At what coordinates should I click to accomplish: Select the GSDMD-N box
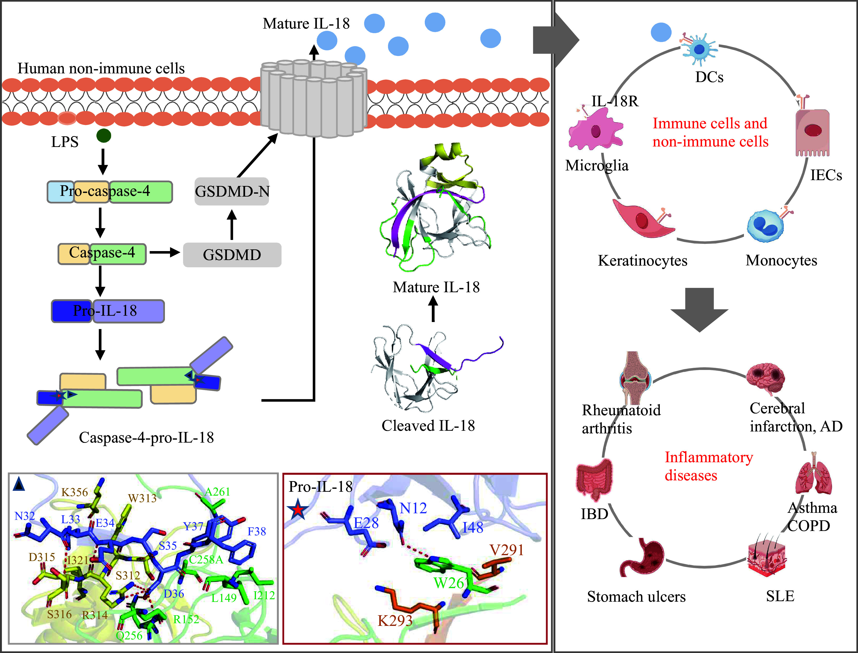[x=232, y=191]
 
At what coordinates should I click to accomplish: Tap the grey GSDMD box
[x=232, y=255]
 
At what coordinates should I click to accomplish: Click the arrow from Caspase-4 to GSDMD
[x=165, y=253]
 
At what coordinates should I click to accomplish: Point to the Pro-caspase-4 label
[x=105, y=191]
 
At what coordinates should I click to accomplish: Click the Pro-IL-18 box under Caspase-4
[x=108, y=311]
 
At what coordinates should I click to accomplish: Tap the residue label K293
[x=395, y=620]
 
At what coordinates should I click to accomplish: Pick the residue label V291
[x=507, y=550]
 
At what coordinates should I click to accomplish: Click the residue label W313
[x=142, y=498]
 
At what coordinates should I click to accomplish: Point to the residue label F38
[x=257, y=531]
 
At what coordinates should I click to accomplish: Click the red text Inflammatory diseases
[x=709, y=466]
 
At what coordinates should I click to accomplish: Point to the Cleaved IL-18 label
[x=428, y=426]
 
